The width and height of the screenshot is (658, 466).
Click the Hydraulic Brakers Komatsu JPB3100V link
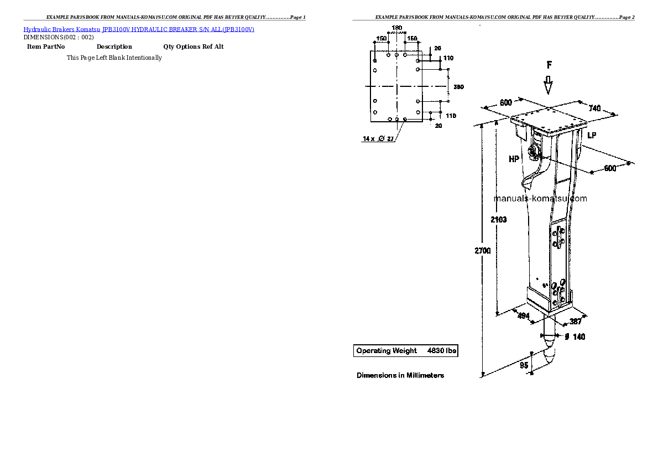point(139,29)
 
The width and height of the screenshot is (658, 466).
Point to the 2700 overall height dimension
point(483,251)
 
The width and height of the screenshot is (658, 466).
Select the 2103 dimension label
point(498,220)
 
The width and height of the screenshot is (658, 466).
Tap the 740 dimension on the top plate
point(594,108)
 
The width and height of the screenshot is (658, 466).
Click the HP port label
point(514,159)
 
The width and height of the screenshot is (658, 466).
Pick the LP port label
point(592,136)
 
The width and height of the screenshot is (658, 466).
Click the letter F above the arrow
point(549,65)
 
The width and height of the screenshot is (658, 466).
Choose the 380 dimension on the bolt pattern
point(458,87)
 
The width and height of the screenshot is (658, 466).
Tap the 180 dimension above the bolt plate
point(396,28)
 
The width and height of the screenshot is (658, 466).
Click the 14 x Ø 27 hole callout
point(378,139)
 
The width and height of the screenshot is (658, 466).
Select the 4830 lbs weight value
point(442,350)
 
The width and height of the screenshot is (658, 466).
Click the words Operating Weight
point(387,350)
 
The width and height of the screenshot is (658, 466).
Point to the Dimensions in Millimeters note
point(400,375)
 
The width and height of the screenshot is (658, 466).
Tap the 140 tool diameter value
point(578,336)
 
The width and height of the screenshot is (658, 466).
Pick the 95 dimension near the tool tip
point(523,365)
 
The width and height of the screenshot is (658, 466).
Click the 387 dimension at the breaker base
point(576,321)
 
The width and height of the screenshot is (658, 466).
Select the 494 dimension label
point(523,316)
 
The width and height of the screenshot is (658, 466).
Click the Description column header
point(114,47)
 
